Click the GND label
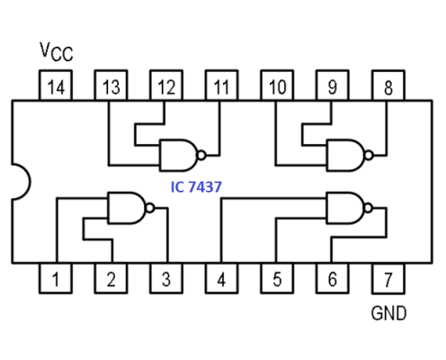tap(388, 314)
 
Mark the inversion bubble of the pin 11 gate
tap(202, 154)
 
